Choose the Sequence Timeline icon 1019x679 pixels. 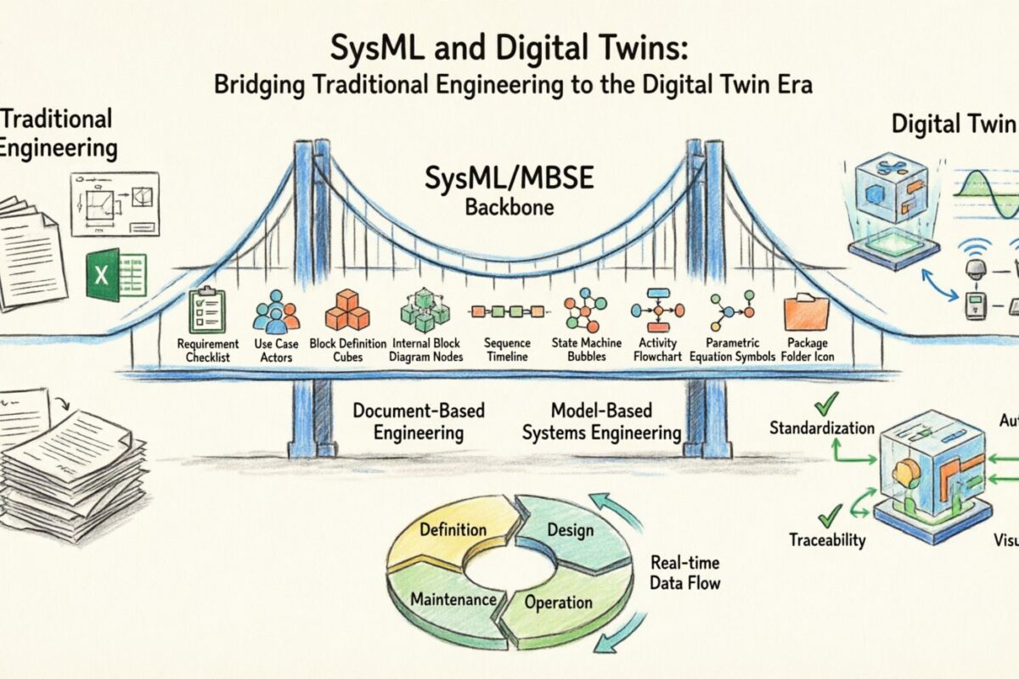click(x=506, y=311)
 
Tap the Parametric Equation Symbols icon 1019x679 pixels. click(x=732, y=310)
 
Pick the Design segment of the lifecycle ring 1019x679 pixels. click(x=570, y=530)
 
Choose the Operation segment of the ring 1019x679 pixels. click(x=558, y=603)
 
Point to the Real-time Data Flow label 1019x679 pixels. click(x=685, y=572)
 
